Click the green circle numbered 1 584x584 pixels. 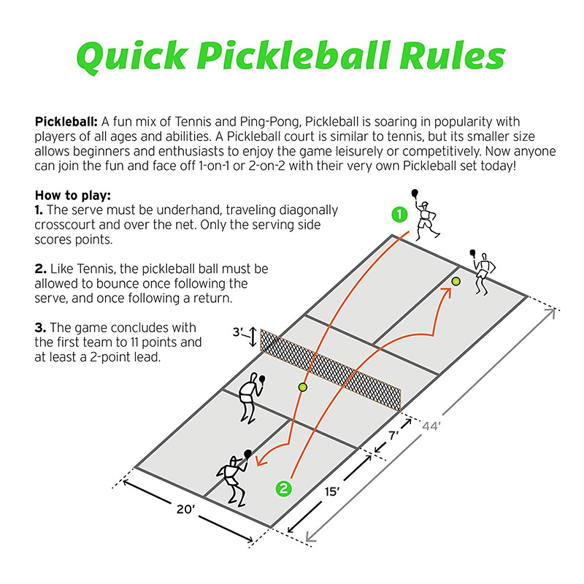(398, 215)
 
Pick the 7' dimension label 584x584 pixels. (393, 436)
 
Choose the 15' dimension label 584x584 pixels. (333, 492)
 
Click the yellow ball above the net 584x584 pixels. (303, 387)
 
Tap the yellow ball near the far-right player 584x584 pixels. (456, 281)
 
